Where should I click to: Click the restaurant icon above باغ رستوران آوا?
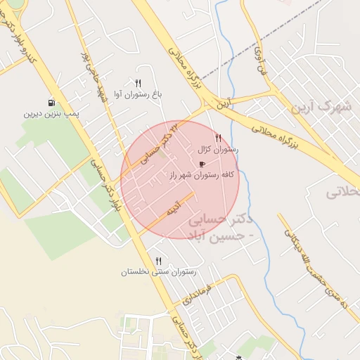(138, 83)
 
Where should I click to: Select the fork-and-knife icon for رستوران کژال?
(218, 139)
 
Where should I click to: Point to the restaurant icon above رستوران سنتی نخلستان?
(158, 261)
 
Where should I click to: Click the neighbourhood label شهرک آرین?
(324, 108)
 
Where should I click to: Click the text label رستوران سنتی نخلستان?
(158, 271)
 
